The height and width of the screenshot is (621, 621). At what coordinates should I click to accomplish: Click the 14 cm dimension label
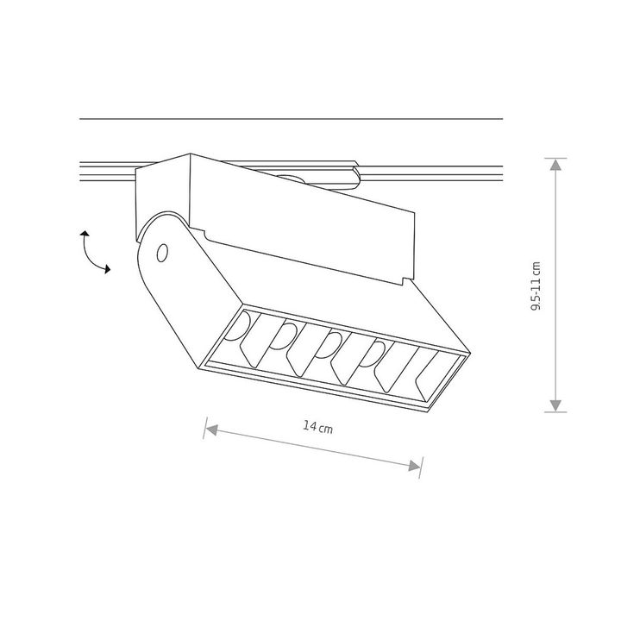coord(317,427)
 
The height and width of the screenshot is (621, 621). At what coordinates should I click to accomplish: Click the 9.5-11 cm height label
coord(536,286)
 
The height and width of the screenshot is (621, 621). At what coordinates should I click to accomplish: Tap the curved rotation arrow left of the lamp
coord(90,254)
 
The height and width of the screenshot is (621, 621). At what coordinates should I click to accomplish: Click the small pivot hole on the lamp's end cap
coord(162,253)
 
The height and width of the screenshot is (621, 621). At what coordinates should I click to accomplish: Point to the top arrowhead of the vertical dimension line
coord(555,165)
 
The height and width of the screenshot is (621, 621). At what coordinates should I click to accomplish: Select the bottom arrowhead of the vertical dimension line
coord(555,405)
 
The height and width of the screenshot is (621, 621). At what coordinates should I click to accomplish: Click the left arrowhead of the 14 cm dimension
coord(211,430)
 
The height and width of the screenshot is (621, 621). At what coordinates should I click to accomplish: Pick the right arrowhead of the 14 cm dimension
coord(414,466)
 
